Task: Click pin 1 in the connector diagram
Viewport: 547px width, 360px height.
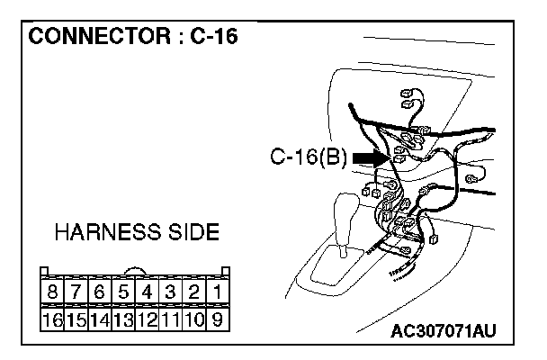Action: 217,293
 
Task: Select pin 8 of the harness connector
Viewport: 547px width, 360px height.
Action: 53,293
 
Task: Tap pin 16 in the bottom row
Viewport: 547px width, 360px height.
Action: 53,319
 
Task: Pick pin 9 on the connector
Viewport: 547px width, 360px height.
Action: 217,319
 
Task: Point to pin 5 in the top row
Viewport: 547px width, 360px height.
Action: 123,293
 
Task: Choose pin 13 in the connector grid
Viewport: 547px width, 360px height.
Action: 123,319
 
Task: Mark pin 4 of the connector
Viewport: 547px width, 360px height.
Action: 147,293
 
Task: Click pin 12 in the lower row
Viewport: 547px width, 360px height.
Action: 147,319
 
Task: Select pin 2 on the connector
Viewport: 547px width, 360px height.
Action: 193,293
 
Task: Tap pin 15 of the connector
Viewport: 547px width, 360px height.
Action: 76,319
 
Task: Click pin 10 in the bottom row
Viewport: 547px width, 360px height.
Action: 193,319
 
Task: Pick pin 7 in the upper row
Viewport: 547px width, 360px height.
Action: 76,293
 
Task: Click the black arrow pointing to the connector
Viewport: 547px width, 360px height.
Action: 370,157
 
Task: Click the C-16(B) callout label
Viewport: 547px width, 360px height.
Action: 309,157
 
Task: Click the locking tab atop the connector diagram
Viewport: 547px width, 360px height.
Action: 135,271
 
